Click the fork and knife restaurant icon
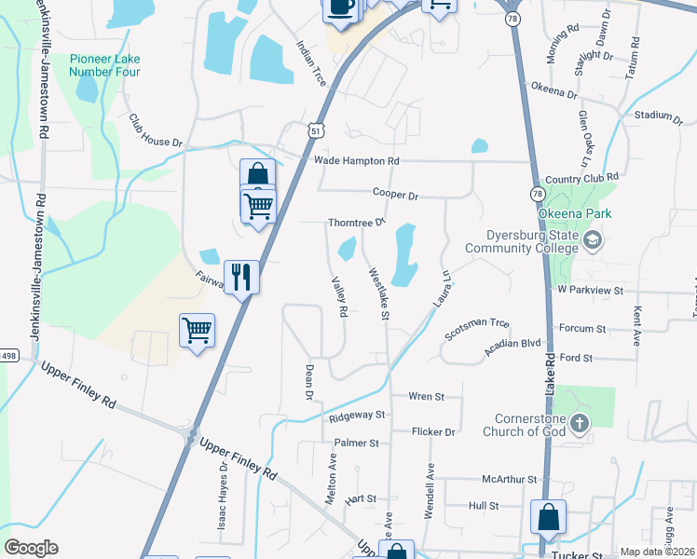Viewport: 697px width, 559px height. coord(241,277)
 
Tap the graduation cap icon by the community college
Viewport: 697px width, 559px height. coord(591,241)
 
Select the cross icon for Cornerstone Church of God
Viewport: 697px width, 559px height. coord(579,425)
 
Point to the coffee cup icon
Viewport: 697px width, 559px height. coord(340,7)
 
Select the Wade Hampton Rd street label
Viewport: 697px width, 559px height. coord(356,161)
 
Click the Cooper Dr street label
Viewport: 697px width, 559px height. coord(395,195)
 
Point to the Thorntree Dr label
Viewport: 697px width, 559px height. coord(356,224)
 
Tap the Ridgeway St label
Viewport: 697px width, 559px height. coord(357,416)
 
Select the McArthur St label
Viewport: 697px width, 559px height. coord(510,479)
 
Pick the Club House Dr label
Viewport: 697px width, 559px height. coord(155,131)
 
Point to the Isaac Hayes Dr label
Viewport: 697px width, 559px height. coord(224,494)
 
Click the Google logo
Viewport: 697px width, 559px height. coord(31,548)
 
